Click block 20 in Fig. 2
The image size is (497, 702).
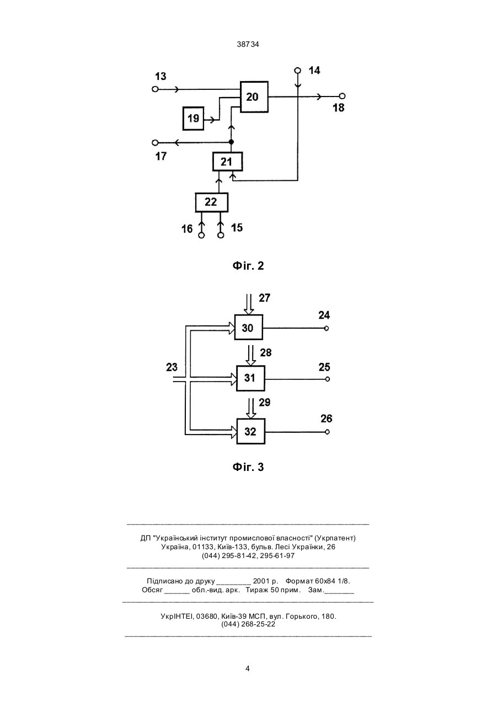click(254, 97)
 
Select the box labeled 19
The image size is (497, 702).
click(193, 119)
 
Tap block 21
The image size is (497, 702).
click(227, 162)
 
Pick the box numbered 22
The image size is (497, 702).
click(211, 202)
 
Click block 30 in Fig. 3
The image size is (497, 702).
click(248, 327)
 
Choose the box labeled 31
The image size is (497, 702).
click(250, 378)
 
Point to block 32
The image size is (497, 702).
click(250, 431)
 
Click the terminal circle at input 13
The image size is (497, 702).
click(155, 89)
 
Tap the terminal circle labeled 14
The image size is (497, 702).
click(297, 70)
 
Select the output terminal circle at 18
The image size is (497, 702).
click(343, 96)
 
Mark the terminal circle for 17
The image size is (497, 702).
click(155, 143)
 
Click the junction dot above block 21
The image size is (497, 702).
click(231, 142)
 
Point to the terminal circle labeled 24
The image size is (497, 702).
click(327, 328)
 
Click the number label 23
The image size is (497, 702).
click(172, 367)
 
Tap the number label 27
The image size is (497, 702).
click(264, 298)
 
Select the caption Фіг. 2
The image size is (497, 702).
click(248, 266)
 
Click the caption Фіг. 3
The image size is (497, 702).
click(248, 467)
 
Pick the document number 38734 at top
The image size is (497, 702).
click(248, 45)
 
